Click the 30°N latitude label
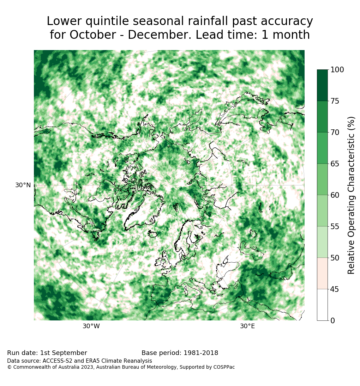[23, 185]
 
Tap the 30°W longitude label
[91, 326]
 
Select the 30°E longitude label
[247, 326]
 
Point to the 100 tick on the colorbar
[337, 70]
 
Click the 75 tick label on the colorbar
[335, 101]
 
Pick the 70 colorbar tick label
[335, 133]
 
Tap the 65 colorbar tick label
[335, 164]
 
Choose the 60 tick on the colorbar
[335, 195]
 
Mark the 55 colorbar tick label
[335, 226]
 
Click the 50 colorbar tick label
[335, 258]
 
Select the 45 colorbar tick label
[335, 289]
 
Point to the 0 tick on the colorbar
[333, 320]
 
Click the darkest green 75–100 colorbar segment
[323, 85]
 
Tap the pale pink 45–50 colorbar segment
[323, 274]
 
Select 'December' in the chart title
[159, 35]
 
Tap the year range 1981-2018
[201, 353]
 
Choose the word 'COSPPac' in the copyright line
[224, 367]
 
